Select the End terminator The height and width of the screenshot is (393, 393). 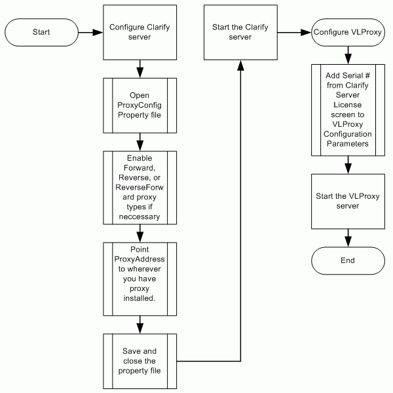pos(347,260)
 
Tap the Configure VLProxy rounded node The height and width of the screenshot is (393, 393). pos(348,31)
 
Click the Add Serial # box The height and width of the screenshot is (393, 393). pos(348,110)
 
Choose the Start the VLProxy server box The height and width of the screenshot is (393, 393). pos(348,201)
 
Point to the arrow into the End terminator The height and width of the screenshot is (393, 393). pos(348,237)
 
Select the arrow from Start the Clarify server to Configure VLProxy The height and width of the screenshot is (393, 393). pos(293,31)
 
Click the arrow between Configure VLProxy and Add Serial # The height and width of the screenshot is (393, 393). pos(348,56)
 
